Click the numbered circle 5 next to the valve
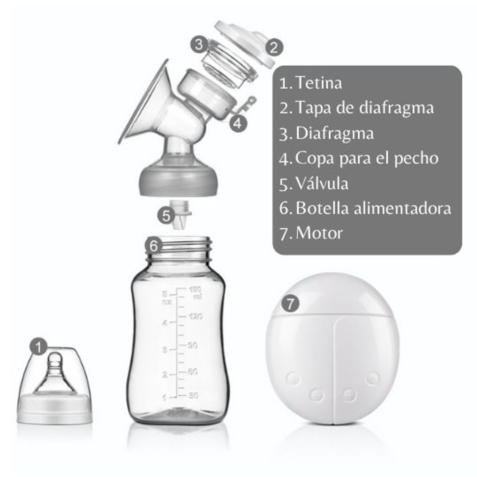[165, 216]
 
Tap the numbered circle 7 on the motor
[290, 304]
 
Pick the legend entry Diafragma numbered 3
[334, 133]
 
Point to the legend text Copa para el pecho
[367, 158]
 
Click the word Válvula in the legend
[322, 183]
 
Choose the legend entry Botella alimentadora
[373, 208]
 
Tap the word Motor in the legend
[319, 233]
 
